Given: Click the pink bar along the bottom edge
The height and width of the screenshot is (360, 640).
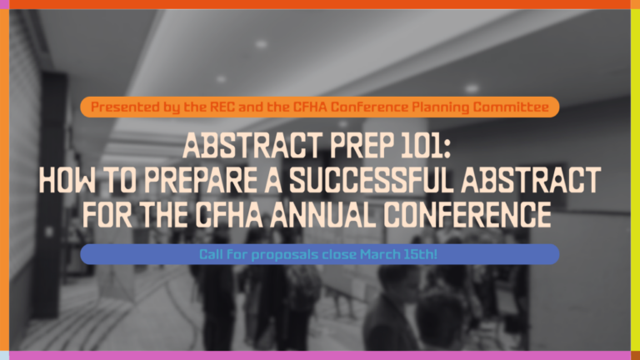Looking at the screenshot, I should coord(320,355).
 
